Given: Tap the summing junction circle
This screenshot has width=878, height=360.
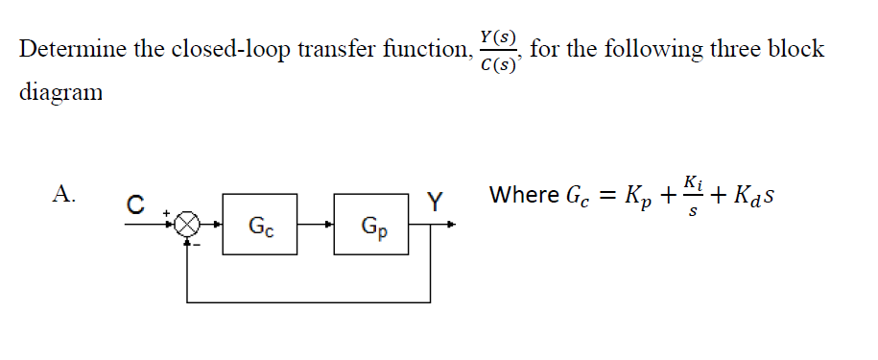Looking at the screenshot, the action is (x=190, y=227).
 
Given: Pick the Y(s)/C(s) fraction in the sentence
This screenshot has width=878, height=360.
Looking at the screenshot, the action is (x=498, y=50).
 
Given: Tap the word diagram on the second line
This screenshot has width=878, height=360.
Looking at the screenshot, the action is (x=59, y=94).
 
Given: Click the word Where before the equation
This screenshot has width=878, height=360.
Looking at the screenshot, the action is (x=524, y=195).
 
